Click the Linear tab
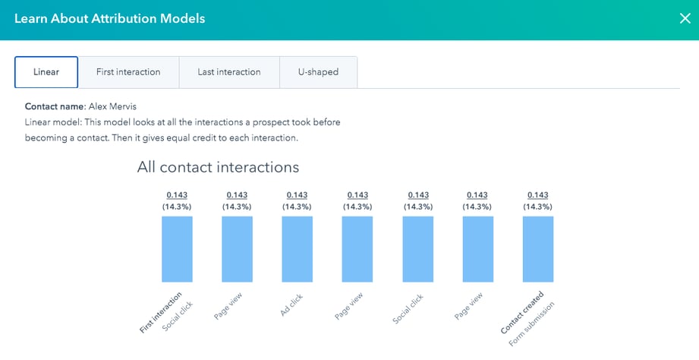coord(46,72)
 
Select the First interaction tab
coord(128,72)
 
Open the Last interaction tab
coord(228,72)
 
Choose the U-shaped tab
coord(318,72)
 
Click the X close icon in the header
coord(685,18)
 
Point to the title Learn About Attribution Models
coord(109,18)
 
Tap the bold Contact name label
coord(53,107)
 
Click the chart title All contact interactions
coord(218,167)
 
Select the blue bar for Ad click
coord(297,249)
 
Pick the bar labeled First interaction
coord(177,249)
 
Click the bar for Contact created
coord(537,249)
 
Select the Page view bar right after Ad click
coord(357,249)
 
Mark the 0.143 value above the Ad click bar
coord(297,195)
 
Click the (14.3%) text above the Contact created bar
coord(537,206)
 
